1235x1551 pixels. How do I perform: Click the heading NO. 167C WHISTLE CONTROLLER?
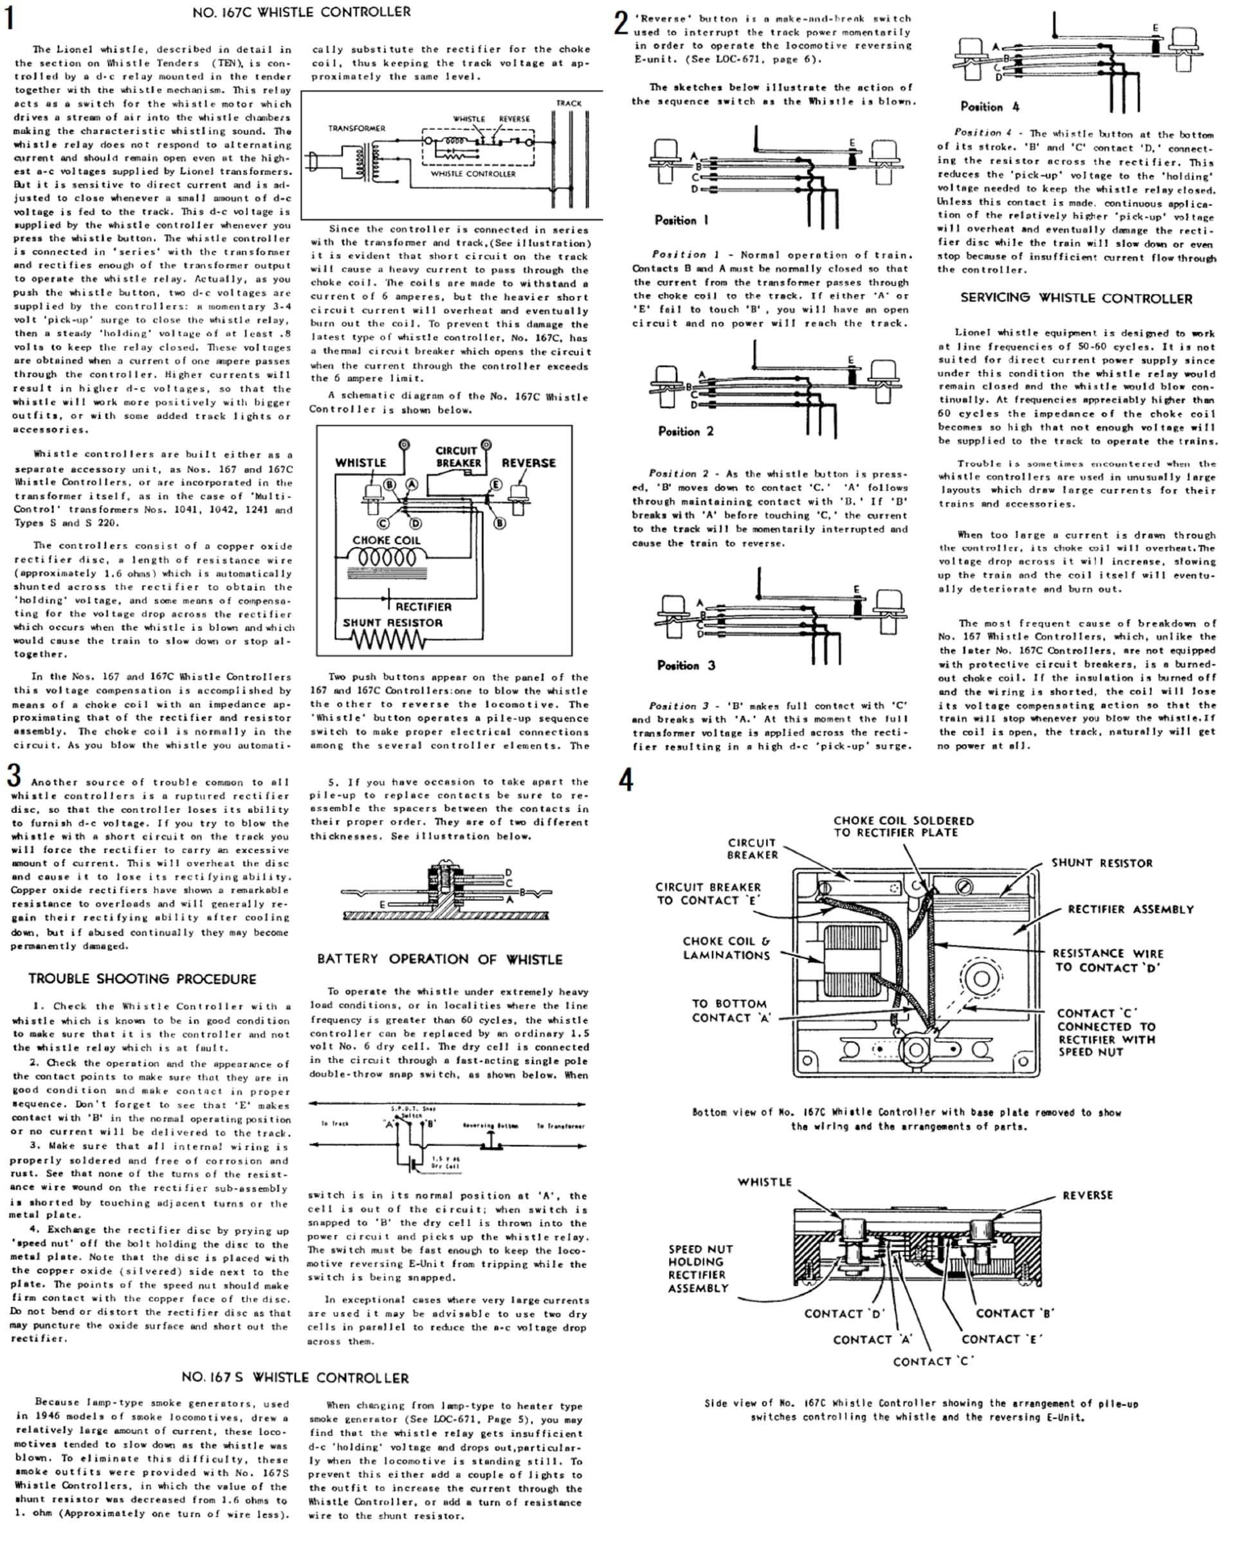tap(302, 12)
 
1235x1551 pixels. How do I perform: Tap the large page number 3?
tap(14, 776)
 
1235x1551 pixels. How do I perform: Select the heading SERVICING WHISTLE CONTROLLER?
tap(1076, 298)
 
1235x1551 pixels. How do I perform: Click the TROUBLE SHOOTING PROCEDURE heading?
tap(143, 979)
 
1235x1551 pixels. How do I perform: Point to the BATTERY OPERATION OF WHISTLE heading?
tap(440, 959)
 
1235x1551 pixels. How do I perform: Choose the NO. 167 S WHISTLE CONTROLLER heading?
tap(295, 1377)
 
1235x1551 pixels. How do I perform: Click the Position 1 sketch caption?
tap(681, 220)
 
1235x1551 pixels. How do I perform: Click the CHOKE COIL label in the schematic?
tap(386, 540)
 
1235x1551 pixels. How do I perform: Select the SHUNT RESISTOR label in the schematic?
tap(392, 622)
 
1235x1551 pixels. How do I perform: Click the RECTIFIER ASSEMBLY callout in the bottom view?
tap(1130, 909)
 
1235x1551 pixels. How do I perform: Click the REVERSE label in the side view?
tap(1087, 1195)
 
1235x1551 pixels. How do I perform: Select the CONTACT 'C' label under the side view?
tap(933, 1361)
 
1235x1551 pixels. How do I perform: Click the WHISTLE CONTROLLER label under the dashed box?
tap(473, 174)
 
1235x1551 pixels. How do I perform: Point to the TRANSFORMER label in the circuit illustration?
tap(356, 128)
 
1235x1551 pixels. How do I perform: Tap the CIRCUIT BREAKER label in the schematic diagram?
tap(457, 456)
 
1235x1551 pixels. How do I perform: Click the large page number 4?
tap(626, 780)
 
